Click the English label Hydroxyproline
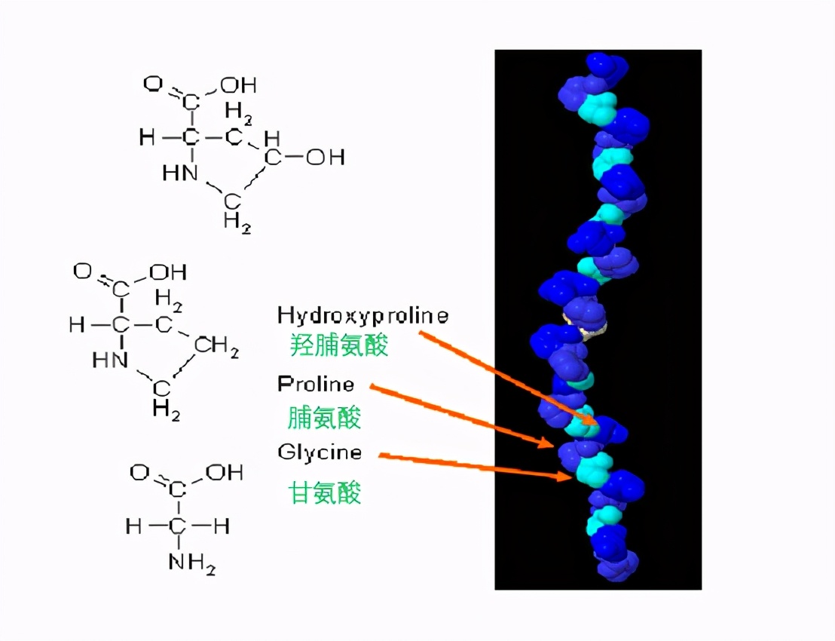point(362,315)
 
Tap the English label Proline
point(316,385)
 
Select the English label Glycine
point(320,452)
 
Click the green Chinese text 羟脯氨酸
point(339,345)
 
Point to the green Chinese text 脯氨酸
point(324,417)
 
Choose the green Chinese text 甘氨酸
point(325,492)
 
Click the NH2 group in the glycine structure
point(192,562)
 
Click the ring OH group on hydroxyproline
point(325,158)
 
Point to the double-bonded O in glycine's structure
point(139,473)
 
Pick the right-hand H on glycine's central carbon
point(222,526)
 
